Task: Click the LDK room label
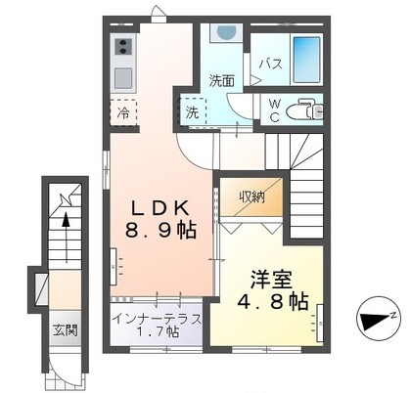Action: [x=162, y=207]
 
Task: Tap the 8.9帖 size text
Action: [x=162, y=231]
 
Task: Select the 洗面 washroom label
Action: [x=221, y=81]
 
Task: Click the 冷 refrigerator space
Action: [x=124, y=112]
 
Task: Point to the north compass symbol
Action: [x=378, y=318]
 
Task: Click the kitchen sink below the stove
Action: [x=123, y=76]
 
